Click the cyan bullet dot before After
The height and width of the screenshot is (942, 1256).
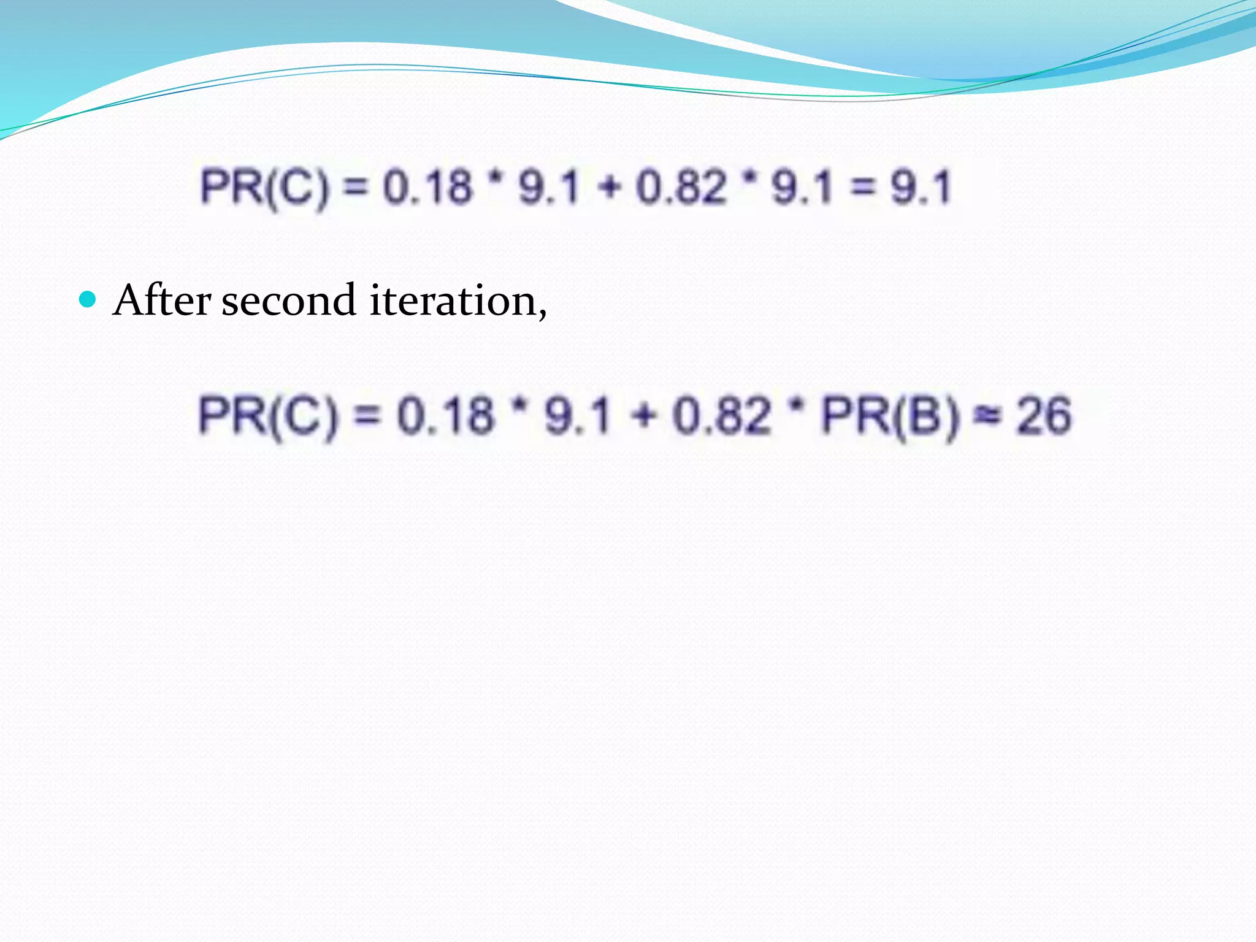(x=88, y=300)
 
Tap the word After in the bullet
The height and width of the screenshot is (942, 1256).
(x=162, y=301)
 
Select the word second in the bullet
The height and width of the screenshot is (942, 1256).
(x=288, y=301)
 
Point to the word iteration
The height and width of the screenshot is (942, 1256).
(x=457, y=301)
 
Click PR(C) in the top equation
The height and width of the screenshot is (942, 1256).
(x=264, y=187)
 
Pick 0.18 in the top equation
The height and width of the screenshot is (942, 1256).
(x=428, y=187)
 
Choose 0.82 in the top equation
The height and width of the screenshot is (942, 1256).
(x=681, y=187)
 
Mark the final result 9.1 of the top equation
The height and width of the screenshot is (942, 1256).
(x=921, y=187)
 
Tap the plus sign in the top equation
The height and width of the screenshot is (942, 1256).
(x=609, y=187)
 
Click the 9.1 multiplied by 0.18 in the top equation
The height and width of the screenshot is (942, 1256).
(x=549, y=187)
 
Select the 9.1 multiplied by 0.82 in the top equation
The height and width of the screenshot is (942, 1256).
(x=802, y=187)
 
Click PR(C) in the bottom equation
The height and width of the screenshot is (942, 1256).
(x=268, y=416)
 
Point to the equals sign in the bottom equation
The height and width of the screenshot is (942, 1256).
(x=368, y=416)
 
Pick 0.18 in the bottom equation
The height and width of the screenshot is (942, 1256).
(x=445, y=416)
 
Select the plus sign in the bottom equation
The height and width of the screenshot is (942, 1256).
(x=643, y=416)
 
